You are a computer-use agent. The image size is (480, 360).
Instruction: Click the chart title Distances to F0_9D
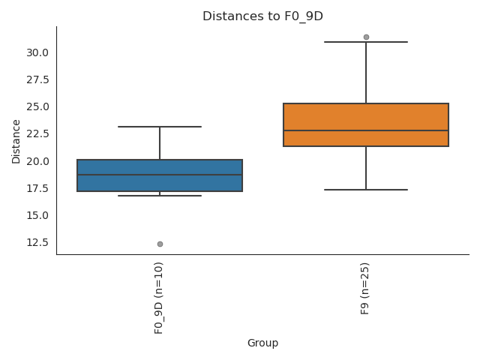click(x=262, y=16)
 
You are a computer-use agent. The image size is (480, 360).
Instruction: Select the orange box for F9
click(x=366, y=117)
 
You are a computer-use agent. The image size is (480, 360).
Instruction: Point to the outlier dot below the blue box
click(x=160, y=244)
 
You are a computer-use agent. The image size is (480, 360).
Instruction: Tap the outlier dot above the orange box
click(x=366, y=37)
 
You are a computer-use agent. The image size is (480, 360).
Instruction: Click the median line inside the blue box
click(x=160, y=175)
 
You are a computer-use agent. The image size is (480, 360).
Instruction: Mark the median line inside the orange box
click(x=366, y=130)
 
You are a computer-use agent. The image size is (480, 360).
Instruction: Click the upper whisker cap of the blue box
click(x=160, y=127)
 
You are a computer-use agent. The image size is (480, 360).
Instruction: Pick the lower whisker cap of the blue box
click(x=160, y=196)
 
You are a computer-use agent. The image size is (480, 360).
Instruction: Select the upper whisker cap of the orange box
click(x=366, y=42)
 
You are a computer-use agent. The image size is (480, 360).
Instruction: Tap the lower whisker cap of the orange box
click(x=366, y=190)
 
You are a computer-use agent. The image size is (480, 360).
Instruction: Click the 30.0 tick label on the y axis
click(x=37, y=52)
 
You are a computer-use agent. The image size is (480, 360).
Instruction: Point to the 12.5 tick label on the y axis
click(x=37, y=242)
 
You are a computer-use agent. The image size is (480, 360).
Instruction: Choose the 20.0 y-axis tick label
click(x=37, y=161)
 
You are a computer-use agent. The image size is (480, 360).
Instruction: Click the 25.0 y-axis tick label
click(x=37, y=106)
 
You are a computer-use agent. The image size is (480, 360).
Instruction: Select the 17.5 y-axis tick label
click(x=37, y=188)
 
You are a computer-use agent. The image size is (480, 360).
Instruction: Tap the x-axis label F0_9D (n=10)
click(x=159, y=298)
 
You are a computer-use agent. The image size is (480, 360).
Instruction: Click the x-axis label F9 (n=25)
click(x=365, y=288)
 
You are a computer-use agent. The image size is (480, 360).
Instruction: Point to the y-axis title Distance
click(x=16, y=140)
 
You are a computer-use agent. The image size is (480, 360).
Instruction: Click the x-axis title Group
click(x=262, y=343)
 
